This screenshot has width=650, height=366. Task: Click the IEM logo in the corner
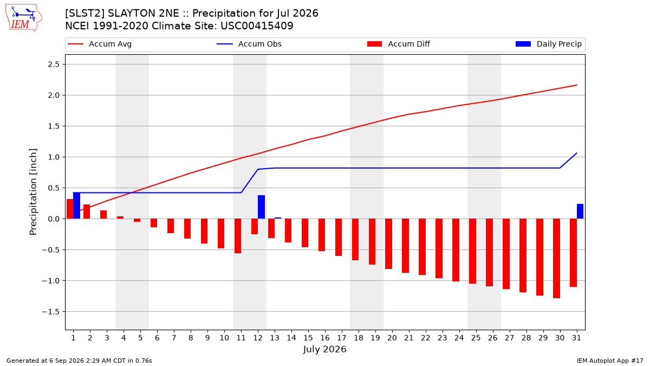click(23, 18)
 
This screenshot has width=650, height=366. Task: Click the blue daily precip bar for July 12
click(261, 207)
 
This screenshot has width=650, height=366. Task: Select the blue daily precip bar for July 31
click(580, 211)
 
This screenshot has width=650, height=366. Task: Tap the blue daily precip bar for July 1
click(76, 206)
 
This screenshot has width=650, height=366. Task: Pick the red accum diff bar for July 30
click(556, 258)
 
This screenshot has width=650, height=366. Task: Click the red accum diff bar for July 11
click(238, 236)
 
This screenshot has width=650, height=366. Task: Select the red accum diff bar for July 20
click(389, 243)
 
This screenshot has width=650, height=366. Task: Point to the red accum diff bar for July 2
click(87, 211)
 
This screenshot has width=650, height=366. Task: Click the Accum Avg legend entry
click(100, 44)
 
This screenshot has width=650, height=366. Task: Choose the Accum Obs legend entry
click(249, 44)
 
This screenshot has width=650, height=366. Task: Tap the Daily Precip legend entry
click(548, 44)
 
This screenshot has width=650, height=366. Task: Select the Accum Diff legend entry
click(399, 44)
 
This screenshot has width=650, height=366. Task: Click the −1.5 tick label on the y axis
click(51, 312)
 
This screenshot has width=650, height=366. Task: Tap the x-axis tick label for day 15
click(308, 338)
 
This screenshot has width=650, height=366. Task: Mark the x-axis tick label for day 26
click(493, 338)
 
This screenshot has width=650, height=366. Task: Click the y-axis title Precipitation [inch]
click(33, 192)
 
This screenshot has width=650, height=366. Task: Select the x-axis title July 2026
click(324, 349)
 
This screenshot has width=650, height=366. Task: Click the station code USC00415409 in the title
click(257, 26)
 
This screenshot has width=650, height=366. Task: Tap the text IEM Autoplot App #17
click(610, 361)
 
